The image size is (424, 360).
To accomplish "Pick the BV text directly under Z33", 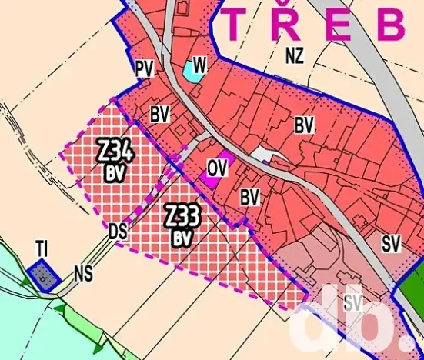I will point(182,238).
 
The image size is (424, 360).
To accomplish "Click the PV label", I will point(144,69).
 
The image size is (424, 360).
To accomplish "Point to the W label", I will point(199,65).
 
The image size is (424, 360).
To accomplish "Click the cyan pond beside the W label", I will point(190,73).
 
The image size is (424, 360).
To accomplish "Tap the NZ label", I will point(293,55).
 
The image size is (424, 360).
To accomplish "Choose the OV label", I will point(218,166).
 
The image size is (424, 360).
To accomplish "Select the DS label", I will point(118,230).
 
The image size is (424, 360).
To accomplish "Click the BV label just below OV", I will point(249,197).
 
